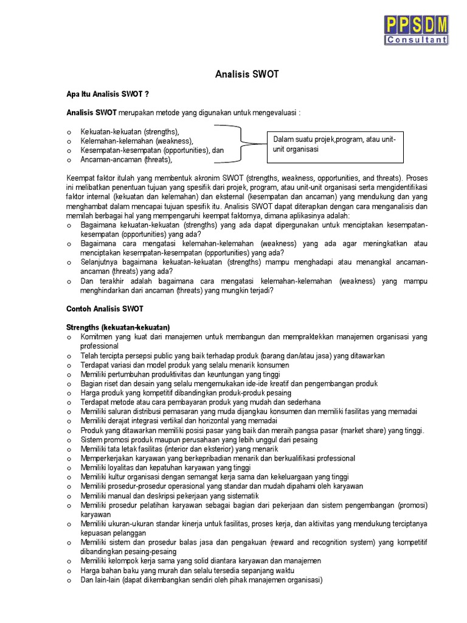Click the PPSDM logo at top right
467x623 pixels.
pos(417,29)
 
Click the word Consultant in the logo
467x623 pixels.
pos(417,40)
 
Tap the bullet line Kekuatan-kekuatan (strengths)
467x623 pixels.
pos(130,131)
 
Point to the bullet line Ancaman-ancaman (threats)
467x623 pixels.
pos(126,160)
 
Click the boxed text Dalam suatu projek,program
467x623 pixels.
pos(334,140)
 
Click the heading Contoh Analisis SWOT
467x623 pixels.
pos(105,309)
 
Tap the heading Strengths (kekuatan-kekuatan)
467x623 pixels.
pos(118,327)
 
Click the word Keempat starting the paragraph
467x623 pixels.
pos(81,178)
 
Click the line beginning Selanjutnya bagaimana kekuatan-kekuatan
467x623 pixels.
pos(254,262)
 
